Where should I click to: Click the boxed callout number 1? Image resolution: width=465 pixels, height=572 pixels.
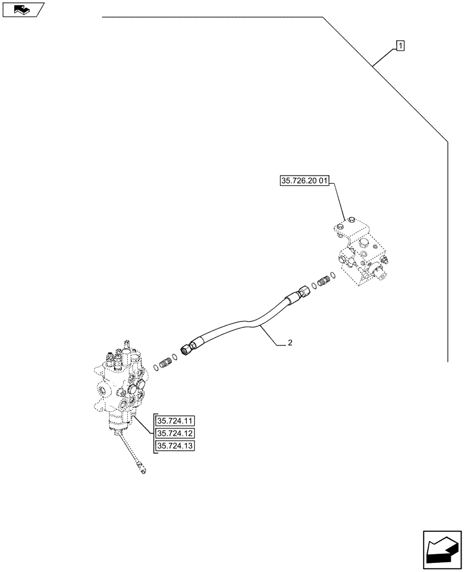point(400,45)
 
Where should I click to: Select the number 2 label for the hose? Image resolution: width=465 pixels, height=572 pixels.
point(290,343)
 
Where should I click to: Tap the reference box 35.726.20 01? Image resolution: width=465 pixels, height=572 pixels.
point(304,181)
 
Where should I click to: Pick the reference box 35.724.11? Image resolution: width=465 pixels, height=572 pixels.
point(175,420)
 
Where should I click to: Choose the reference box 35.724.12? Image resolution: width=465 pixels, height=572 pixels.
point(175,433)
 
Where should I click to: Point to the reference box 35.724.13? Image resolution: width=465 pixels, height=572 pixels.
point(175,446)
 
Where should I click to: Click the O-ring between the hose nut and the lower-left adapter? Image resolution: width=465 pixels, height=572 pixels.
point(175,356)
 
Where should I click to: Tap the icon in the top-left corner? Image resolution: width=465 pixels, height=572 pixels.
point(23,10)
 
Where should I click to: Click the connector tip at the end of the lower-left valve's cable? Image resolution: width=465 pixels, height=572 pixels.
point(142,471)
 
